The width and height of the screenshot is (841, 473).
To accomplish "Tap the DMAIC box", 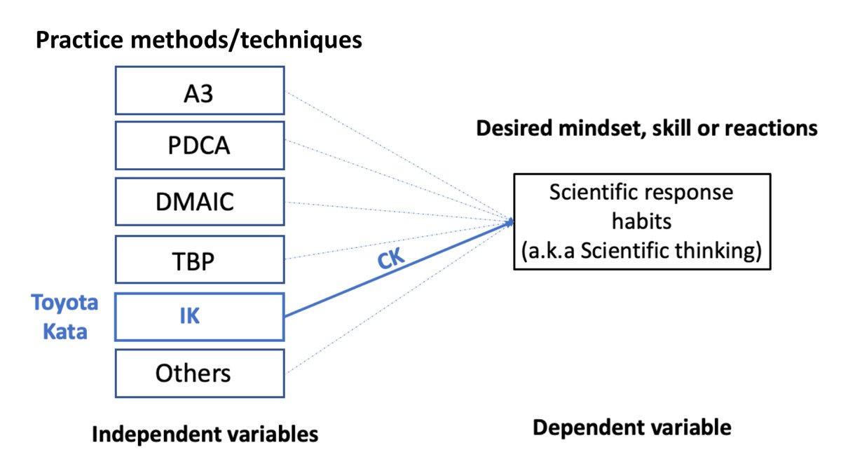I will click(199, 203).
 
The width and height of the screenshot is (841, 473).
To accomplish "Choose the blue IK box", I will click(199, 317).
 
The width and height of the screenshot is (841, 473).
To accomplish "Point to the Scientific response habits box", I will click(642, 221).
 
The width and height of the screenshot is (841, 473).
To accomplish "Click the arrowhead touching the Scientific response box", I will click(511, 222).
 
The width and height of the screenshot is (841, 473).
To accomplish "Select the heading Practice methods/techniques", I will click(198, 40).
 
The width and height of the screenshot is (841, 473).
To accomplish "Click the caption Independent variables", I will click(205, 434).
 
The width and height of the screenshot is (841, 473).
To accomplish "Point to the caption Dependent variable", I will click(631, 427).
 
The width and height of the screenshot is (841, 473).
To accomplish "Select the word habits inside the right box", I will click(642, 221).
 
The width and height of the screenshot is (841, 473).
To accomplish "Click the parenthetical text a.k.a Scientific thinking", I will click(642, 251).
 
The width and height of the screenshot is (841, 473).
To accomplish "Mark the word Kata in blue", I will click(65, 331).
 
